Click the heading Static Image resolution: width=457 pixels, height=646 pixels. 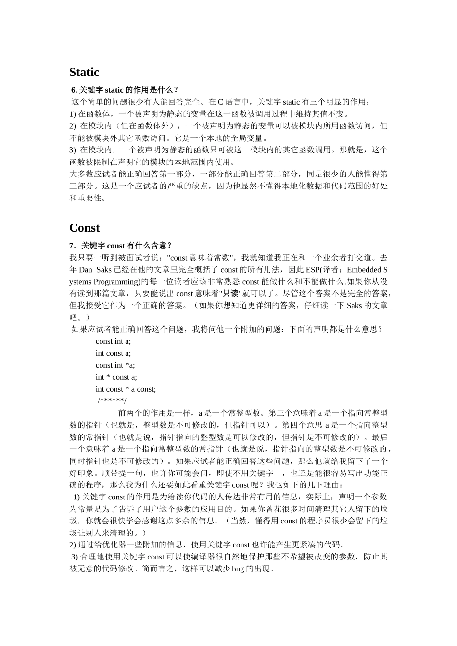(x=84, y=72)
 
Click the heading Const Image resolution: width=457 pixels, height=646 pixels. (x=85, y=228)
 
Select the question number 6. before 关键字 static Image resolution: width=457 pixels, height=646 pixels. (x=74, y=90)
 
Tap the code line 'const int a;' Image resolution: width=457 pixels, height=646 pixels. (x=113, y=341)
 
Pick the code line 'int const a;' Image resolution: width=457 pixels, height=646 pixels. (x=113, y=353)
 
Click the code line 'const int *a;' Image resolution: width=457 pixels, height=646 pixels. (x=115, y=365)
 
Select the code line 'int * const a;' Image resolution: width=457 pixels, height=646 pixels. (x=116, y=377)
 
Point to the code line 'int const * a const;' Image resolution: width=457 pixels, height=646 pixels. (x=126, y=389)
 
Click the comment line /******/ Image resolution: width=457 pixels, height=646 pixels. (x=112, y=401)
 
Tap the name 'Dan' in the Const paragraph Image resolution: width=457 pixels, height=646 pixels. (x=85, y=270)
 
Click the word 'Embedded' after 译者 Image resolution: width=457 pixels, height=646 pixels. (x=365, y=270)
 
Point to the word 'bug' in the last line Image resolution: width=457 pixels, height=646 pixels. (x=238, y=569)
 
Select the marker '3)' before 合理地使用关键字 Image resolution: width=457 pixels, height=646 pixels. (x=75, y=557)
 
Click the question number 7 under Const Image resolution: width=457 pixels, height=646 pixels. (x=72, y=246)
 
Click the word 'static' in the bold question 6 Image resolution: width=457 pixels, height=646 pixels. (x=114, y=90)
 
